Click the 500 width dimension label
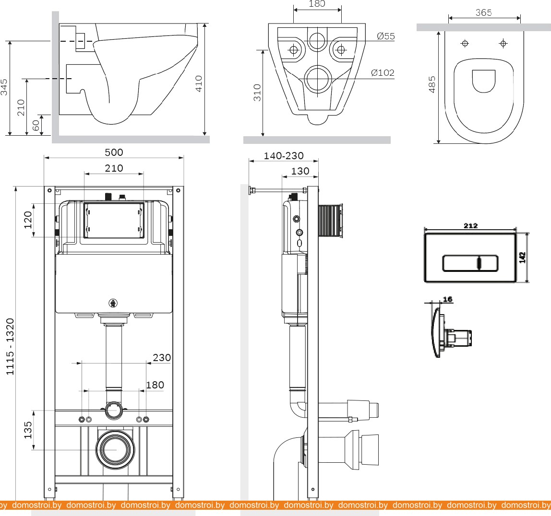114,152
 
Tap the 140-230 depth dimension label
284,156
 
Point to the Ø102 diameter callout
383,73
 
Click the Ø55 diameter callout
386,36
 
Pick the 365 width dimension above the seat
483,13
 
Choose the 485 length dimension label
432,84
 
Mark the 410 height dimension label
199,84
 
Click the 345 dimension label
4,87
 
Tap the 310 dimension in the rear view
257,93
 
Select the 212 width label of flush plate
470,226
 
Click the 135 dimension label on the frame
28,430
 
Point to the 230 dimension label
161,358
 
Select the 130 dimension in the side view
300,171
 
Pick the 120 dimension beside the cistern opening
28,220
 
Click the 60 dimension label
36,125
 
